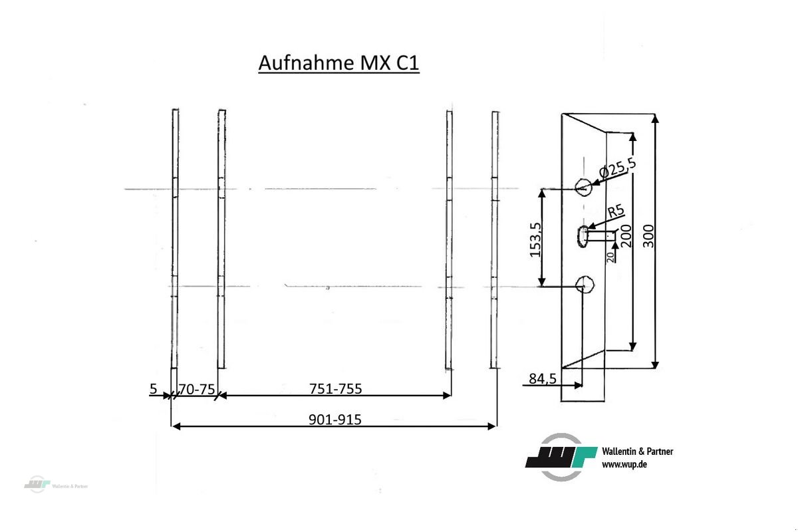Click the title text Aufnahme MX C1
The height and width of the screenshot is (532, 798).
[x=338, y=63]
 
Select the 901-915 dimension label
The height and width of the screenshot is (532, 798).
[x=335, y=420]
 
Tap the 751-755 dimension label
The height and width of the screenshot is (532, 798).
[x=335, y=388]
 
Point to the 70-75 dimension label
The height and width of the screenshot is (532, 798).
[x=197, y=389]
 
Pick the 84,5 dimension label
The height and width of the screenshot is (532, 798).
[x=543, y=378]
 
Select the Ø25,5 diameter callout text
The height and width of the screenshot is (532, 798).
[x=616, y=166]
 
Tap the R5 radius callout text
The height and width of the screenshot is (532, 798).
[x=616, y=212]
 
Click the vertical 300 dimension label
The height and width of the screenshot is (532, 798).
[x=650, y=236]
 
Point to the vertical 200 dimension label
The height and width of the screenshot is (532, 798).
[x=626, y=236]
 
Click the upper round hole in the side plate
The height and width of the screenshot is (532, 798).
[x=583, y=188]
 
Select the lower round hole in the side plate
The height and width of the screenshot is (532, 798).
[x=585, y=285]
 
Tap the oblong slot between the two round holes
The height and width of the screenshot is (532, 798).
[x=583, y=235]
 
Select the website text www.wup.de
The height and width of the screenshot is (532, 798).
[x=624, y=464]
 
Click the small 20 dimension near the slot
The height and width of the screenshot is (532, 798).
[x=610, y=257]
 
